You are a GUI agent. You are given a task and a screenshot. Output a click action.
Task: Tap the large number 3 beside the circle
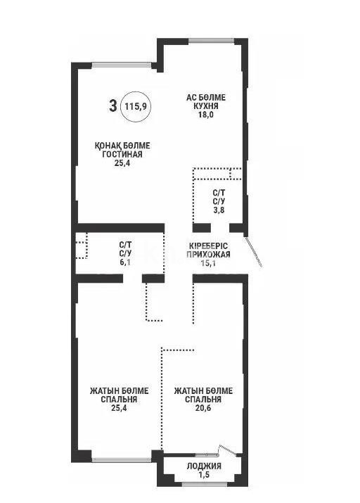click(112, 106)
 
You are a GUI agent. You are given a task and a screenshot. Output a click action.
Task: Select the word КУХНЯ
click(205, 107)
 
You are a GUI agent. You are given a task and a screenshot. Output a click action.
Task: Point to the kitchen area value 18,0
click(205, 115)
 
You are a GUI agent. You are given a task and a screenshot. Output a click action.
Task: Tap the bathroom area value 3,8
click(219, 208)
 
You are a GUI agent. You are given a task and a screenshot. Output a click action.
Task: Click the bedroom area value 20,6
click(203, 407)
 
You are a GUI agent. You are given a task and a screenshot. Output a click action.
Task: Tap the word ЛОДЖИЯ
click(204, 466)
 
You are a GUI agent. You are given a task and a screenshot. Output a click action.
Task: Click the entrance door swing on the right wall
click(255, 250)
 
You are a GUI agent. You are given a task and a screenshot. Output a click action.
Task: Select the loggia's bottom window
click(203, 483)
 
